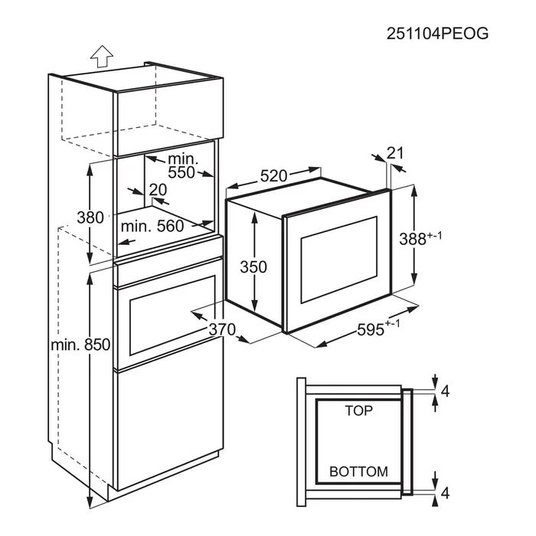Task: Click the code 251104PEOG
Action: click(437, 34)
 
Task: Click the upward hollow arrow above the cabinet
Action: click(102, 56)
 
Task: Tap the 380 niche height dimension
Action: click(90, 217)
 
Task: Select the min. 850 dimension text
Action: click(80, 345)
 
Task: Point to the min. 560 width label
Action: click(152, 226)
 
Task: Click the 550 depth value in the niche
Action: click(181, 172)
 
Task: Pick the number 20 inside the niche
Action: click(158, 190)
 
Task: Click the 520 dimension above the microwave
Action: click(273, 176)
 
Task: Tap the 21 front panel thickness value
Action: click(395, 153)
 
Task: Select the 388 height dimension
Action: click(420, 238)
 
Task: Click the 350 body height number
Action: click(253, 267)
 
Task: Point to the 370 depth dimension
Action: click(222, 329)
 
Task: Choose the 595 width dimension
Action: click(378, 328)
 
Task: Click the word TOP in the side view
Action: click(358, 410)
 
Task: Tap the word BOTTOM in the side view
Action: click(358, 472)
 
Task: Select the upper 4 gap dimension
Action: click(445, 392)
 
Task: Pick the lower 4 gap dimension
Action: click(445, 493)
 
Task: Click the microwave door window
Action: click(338, 260)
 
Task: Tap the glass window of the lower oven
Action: click(172, 315)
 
